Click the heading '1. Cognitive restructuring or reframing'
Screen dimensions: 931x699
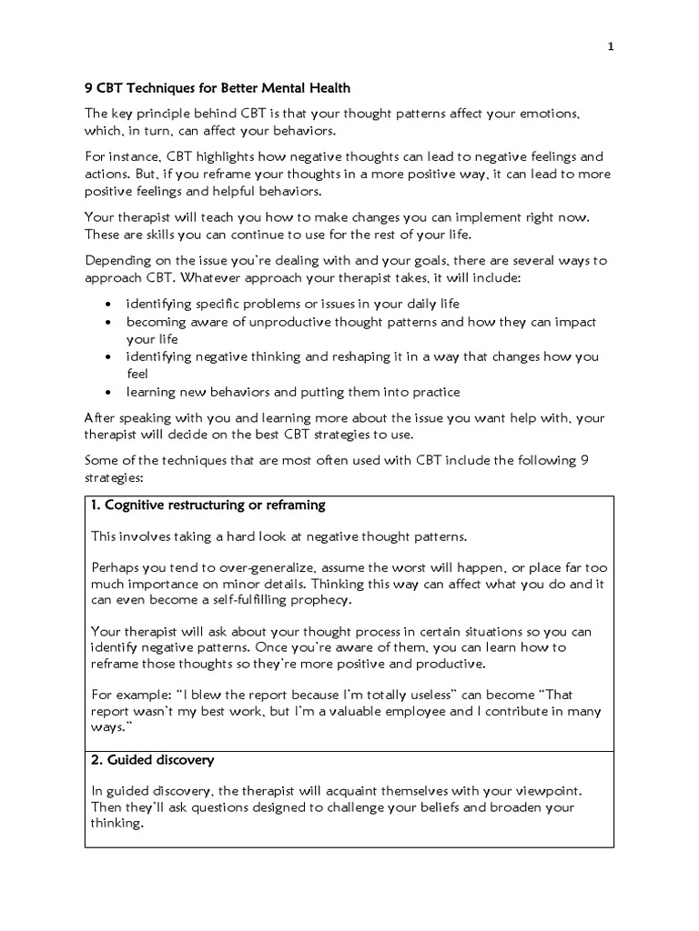click(x=208, y=505)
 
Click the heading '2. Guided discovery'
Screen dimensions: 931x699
click(x=152, y=759)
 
